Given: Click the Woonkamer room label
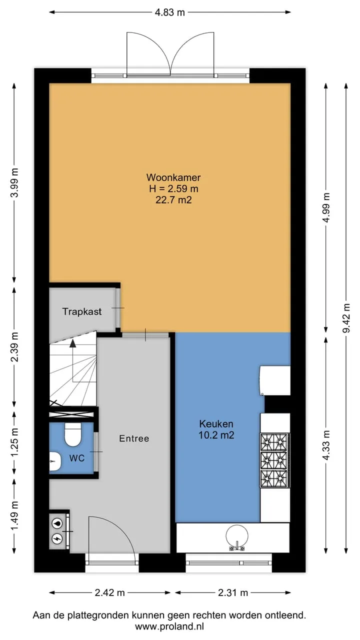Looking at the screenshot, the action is click(173, 177).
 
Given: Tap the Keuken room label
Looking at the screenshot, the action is click(216, 423).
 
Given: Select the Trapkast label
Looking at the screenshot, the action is click(82, 311).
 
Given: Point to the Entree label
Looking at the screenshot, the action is click(134, 438).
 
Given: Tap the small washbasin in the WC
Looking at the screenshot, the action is click(55, 461).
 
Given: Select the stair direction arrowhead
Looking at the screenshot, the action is click(73, 343).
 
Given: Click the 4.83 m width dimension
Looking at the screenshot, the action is click(170, 12).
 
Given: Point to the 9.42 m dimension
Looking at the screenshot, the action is click(346, 318).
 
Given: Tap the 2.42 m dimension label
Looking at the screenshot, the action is click(109, 593).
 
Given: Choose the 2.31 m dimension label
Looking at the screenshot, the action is click(233, 593).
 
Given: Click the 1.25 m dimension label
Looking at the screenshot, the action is click(14, 442).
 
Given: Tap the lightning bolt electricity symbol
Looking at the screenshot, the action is click(57, 538).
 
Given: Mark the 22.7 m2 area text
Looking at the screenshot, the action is click(173, 200).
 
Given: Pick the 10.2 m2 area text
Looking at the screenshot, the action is click(216, 435).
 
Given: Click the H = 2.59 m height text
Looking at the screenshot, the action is click(173, 188).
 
